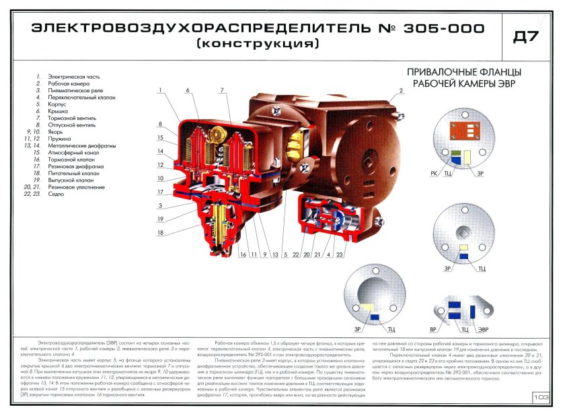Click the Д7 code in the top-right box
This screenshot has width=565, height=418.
(x=526, y=37)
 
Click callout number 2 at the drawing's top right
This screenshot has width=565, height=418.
(x=400, y=90)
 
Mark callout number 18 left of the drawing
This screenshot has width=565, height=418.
(x=160, y=233)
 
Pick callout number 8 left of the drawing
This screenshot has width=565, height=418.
(x=161, y=124)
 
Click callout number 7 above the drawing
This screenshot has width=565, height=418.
(x=221, y=90)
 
